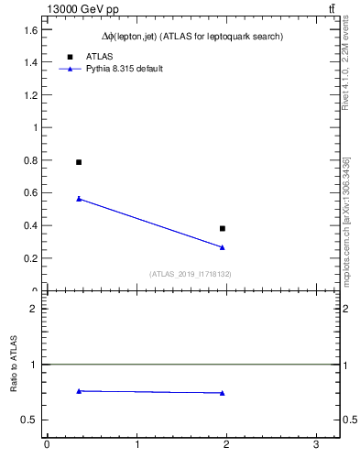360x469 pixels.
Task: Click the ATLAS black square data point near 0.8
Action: coord(79,162)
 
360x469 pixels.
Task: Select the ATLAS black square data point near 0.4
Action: coord(223,228)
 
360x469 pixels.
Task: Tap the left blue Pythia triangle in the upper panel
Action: coord(79,198)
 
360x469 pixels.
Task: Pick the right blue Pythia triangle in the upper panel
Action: coord(223,247)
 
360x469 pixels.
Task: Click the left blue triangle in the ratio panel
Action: coord(79,391)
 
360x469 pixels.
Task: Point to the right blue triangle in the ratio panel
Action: coord(223,393)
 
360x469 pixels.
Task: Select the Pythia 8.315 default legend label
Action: coord(125,69)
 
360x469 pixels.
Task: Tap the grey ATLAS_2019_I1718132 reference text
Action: coord(191,274)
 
